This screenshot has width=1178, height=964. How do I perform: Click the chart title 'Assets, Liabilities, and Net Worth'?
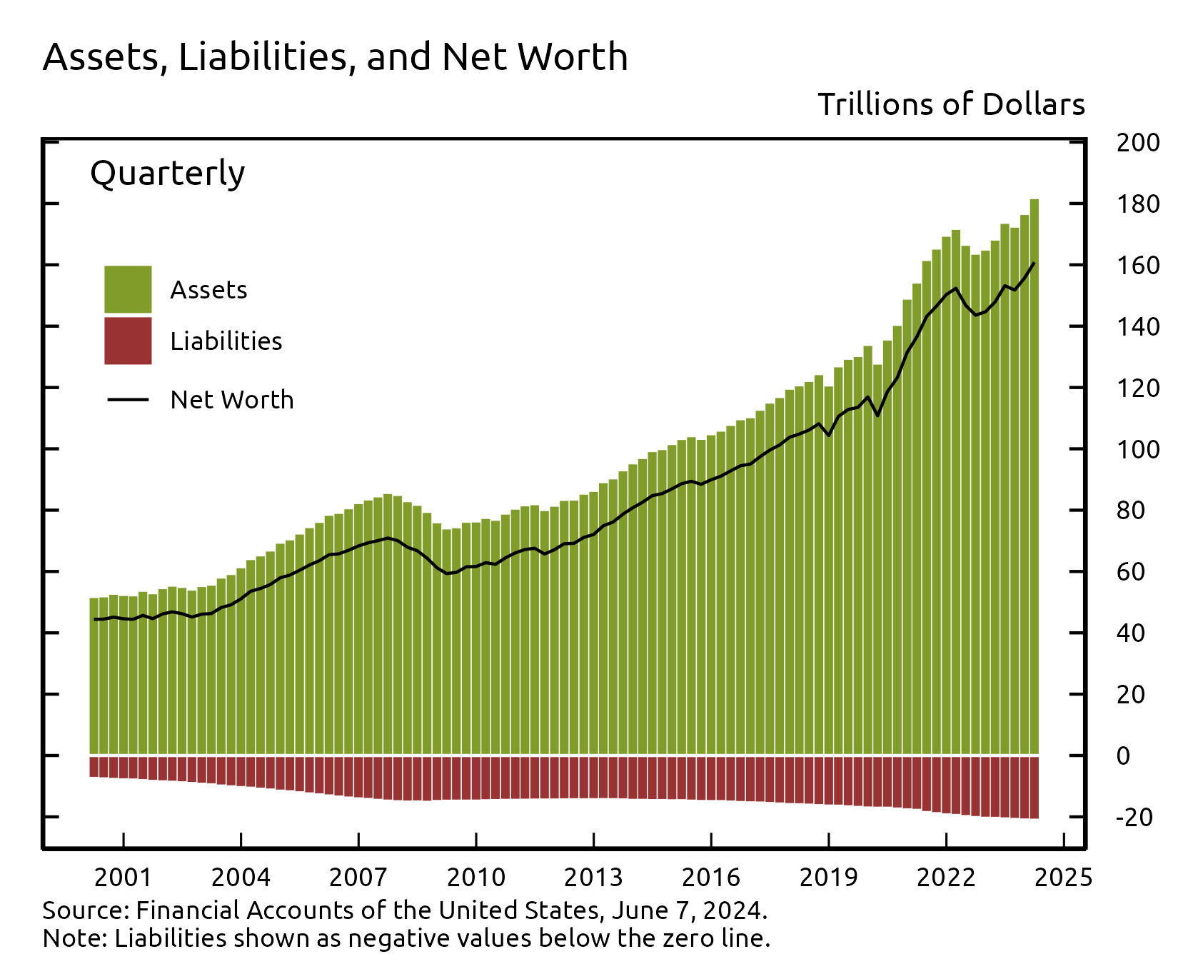tap(335, 57)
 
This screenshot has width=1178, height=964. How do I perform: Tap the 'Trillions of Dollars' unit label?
tap(951, 105)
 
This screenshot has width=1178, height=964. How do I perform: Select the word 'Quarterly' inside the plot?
tap(167, 174)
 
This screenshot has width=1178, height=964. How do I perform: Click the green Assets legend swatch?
tap(128, 289)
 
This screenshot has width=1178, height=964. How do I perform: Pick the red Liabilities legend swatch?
tap(128, 341)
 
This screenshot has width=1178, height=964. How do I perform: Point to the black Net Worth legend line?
tap(128, 399)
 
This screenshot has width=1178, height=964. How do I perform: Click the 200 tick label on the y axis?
tap(1138, 143)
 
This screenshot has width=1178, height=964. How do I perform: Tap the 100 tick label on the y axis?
tap(1138, 449)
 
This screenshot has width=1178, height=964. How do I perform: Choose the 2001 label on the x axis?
tap(123, 877)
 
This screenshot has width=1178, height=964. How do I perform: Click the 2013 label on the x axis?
tap(593, 877)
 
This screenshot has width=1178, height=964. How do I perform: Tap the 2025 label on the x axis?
tap(1063, 877)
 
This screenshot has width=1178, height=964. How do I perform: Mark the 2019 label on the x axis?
tap(828, 877)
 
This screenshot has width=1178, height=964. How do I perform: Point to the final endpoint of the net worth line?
tap(1034, 263)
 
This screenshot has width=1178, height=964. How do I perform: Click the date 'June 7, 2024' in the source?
tap(688, 910)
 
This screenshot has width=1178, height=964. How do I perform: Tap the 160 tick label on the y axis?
tap(1138, 266)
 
